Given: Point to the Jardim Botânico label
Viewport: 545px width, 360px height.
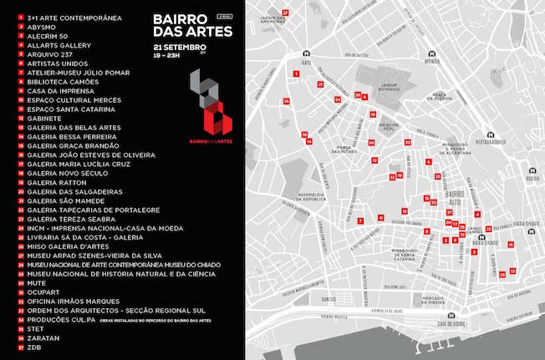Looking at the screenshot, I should [391, 87].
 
